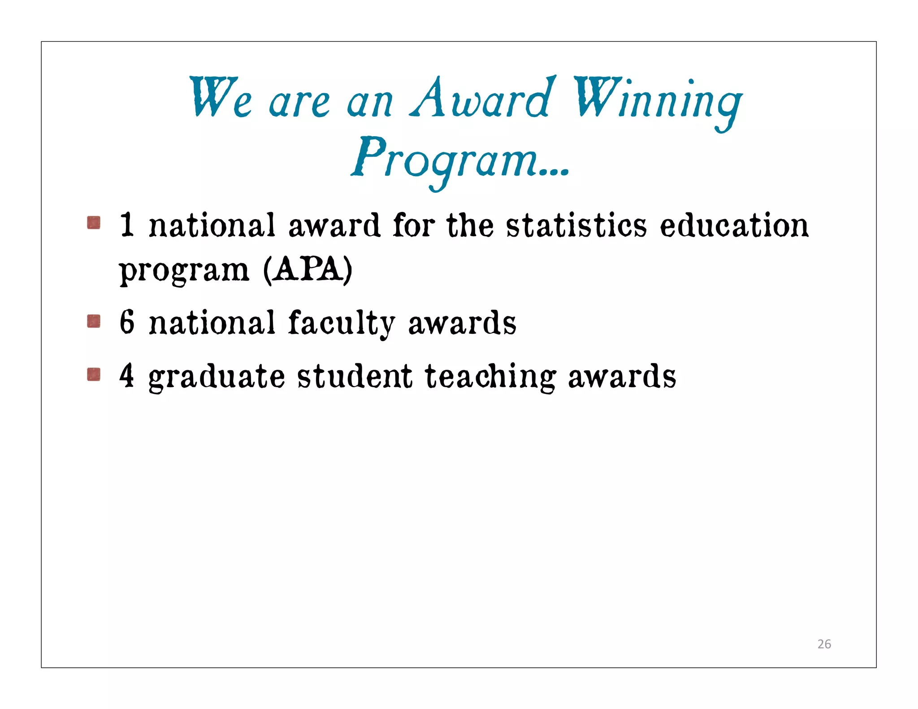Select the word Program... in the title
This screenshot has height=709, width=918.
click(x=460, y=160)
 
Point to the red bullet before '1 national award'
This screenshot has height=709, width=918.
click(x=94, y=223)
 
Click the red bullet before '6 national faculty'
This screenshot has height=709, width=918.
click(x=94, y=321)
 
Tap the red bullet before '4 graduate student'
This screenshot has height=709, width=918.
click(x=94, y=374)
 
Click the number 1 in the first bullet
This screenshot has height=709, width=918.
click(x=127, y=225)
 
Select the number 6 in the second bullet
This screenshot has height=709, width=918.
click(x=127, y=322)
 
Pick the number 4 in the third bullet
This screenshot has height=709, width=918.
click(x=127, y=376)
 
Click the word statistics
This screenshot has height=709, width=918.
click(x=576, y=225)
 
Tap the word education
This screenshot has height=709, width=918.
click(x=734, y=225)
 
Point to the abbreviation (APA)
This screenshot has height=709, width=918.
click(x=307, y=270)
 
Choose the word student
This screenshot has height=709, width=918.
click(x=355, y=376)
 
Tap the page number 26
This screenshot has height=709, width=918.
click(x=824, y=644)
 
